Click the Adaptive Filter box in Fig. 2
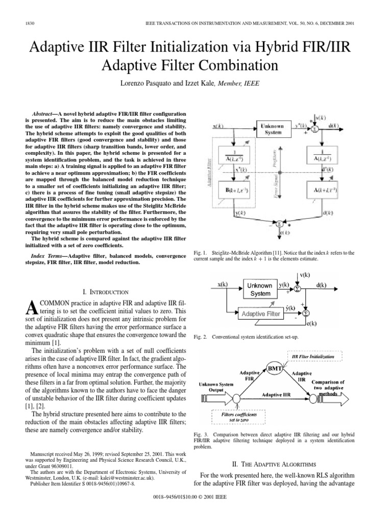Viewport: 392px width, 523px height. (x=261, y=314)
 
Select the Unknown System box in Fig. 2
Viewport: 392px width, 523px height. (x=260, y=290)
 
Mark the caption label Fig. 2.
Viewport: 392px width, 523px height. (x=202, y=337)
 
